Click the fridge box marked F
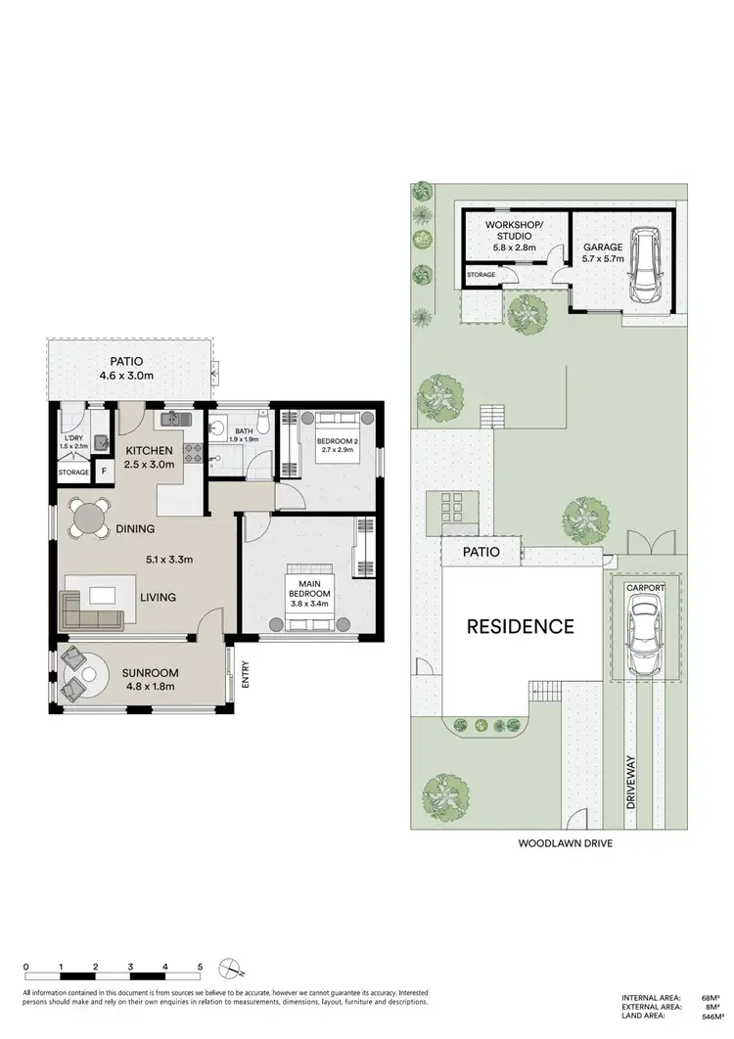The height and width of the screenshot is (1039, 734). pyautogui.click(x=104, y=473)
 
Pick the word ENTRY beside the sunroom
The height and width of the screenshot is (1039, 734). pyautogui.click(x=245, y=674)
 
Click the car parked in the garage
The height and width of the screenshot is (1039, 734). pyautogui.click(x=645, y=265)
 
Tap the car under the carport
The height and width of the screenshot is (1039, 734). pyautogui.click(x=643, y=637)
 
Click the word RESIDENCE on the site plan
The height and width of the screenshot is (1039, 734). pyautogui.click(x=519, y=626)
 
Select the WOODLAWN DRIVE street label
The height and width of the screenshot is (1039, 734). pyautogui.click(x=565, y=842)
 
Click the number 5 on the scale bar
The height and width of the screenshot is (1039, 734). pyautogui.click(x=200, y=966)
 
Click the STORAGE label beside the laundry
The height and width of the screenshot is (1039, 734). pyautogui.click(x=73, y=473)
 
